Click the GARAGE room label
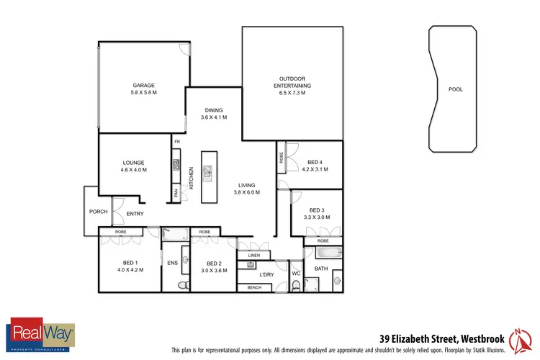[x=144, y=86]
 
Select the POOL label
[x=455, y=90]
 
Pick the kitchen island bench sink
[x=208, y=171]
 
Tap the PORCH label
[x=98, y=212]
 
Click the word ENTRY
[x=135, y=214]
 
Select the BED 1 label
[x=130, y=262]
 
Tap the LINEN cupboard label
[x=253, y=256]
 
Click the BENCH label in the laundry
[x=254, y=287]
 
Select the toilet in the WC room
[x=296, y=285]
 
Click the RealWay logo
[x=41, y=334]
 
